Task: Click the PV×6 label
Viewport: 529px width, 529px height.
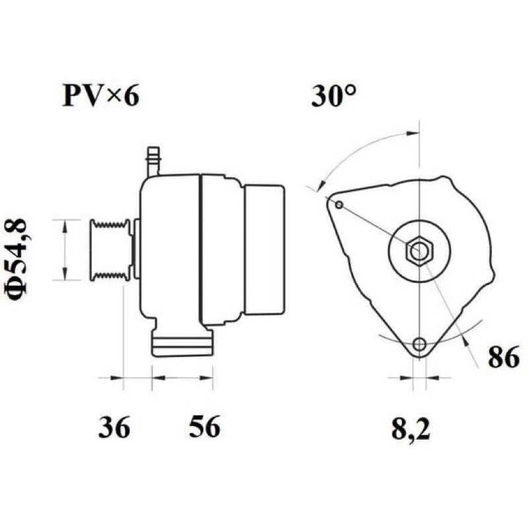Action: point(101,95)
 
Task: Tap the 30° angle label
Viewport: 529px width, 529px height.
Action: point(334,95)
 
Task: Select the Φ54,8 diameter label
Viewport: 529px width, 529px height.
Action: point(16,261)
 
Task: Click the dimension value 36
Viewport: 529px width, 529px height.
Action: point(114,427)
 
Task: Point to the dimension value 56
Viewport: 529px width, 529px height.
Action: point(204,427)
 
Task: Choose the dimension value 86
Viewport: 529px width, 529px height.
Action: point(504,357)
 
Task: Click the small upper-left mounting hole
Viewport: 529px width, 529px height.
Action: point(339,205)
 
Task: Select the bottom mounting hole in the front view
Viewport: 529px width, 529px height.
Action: point(419,344)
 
